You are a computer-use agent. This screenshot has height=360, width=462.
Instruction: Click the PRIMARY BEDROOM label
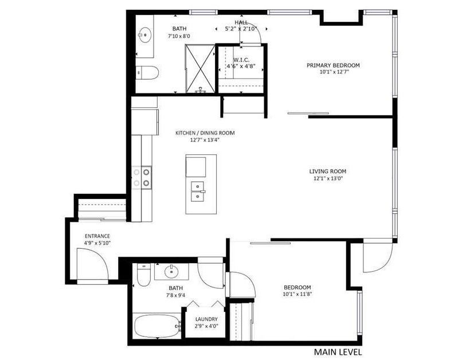(333, 65)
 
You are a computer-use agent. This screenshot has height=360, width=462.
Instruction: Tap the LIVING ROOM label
(328, 171)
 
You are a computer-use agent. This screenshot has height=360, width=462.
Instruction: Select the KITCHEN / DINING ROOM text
(205, 133)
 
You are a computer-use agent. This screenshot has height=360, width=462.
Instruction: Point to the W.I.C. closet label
(241, 60)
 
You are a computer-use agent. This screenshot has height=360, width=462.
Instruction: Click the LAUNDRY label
(206, 319)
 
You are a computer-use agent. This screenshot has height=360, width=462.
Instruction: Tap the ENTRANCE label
(97, 236)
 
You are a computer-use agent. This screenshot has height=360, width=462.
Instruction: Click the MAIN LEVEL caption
(338, 352)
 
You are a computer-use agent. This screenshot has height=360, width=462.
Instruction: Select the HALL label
(241, 22)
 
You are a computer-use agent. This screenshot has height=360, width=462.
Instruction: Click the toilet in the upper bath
(148, 72)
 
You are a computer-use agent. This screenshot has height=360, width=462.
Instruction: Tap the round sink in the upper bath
(144, 35)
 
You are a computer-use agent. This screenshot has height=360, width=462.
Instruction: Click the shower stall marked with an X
(201, 68)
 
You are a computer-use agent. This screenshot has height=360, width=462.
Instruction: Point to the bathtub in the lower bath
(157, 326)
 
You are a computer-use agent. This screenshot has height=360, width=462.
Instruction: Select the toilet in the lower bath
(144, 275)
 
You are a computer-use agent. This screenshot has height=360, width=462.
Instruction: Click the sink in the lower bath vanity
(171, 271)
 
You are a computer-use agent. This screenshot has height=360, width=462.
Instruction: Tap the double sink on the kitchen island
(198, 191)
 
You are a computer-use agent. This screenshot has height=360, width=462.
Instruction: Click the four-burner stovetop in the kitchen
(142, 178)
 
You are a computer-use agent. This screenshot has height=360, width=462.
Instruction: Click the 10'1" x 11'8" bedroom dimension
(297, 294)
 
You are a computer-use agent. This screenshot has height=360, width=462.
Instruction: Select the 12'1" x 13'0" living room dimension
(328, 178)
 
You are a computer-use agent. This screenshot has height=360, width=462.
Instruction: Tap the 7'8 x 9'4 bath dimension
(175, 295)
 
